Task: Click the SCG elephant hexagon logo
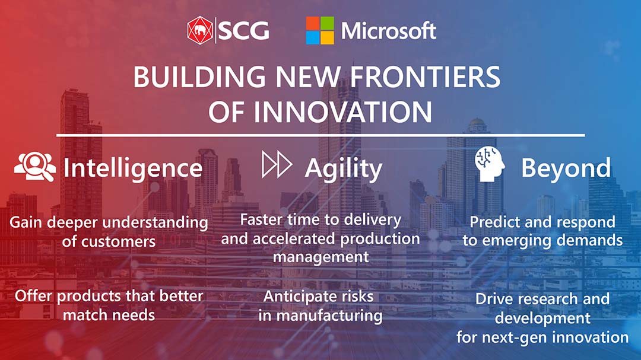pyautogui.click(x=200, y=30)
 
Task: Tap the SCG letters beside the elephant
pyautogui.click(x=244, y=31)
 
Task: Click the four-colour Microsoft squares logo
pyautogui.click(x=320, y=30)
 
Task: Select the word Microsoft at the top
pyautogui.click(x=389, y=31)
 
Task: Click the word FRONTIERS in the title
pyautogui.click(x=425, y=77)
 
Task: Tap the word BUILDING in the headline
pyautogui.click(x=199, y=77)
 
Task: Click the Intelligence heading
pyautogui.click(x=133, y=168)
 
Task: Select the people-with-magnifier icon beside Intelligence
pyautogui.click(x=35, y=166)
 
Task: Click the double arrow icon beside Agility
pyautogui.click(x=277, y=164)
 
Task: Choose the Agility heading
pyautogui.click(x=344, y=169)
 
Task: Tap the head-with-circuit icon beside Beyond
pyautogui.click(x=489, y=164)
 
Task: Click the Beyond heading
pyautogui.click(x=566, y=168)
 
